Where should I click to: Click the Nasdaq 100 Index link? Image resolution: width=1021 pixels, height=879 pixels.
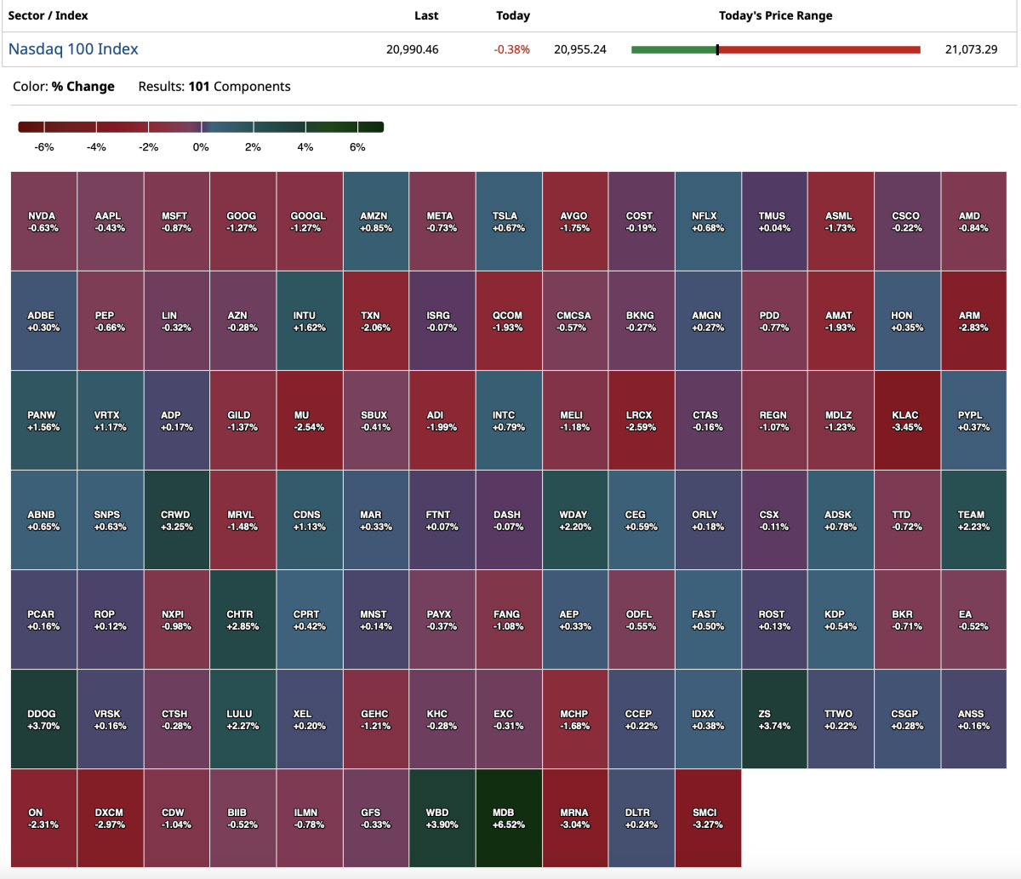[x=73, y=49]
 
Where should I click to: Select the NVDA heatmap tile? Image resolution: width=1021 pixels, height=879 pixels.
[x=43, y=221]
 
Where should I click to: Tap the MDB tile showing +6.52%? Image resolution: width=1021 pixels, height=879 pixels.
[x=509, y=819]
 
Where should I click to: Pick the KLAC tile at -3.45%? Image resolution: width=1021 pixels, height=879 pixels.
[x=907, y=420]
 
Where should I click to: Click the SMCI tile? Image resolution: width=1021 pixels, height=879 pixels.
[x=708, y=819]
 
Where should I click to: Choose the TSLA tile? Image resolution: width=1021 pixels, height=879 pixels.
[x=509, y=221]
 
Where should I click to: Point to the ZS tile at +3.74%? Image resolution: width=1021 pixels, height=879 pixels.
[x=774, y=719]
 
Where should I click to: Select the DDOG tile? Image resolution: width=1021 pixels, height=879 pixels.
[x=43, y=719]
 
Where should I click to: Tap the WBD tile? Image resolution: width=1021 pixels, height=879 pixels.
[x=442, y=819]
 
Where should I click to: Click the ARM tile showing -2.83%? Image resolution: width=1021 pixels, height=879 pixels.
[x=973, y=321]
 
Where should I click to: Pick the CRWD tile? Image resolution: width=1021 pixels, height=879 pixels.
[x=176, y=520]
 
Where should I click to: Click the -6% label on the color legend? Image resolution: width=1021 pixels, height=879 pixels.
[x=44, y=147]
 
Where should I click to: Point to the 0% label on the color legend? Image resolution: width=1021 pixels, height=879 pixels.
[x=201, y=147]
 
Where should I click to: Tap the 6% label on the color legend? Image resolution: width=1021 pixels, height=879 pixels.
[x=357, y=147]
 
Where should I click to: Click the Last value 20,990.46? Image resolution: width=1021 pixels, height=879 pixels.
[x=413, y=49]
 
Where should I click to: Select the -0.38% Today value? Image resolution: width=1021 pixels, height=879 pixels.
[x=511, y=49]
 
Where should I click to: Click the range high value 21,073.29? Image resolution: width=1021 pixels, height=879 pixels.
[x=971, y=49]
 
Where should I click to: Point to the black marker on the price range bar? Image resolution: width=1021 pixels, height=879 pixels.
[x=717, y=49]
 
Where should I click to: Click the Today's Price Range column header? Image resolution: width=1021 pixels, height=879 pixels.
[x=775, y=15]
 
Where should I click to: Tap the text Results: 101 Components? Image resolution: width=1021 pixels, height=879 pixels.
[x=214, y=87]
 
